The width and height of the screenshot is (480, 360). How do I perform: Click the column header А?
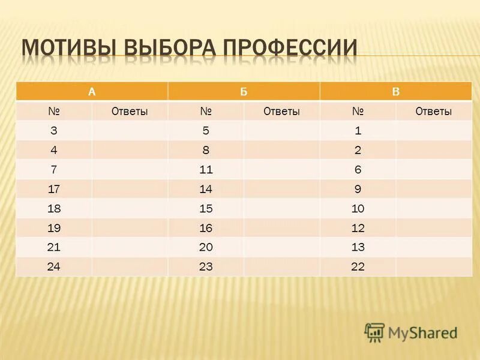pyautogui.click(x=92, y=92)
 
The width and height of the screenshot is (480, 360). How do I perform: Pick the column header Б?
pyautogui.click(x=244, y=92)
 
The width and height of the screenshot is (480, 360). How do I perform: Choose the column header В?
pyautogui.click(x=396, y=92)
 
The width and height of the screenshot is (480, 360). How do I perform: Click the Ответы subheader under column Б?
pyautogui.click(x=281, y=111)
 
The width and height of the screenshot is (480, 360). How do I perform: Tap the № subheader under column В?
pyautogui.click(x=358, y=111)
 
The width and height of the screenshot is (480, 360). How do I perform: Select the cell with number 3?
pyautogui.click(x=54, y=130)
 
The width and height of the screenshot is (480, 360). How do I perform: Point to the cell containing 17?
pyautogui.click(x=54, y=189)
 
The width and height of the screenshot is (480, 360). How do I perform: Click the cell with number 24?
pyautogui.click(x=54, y=267)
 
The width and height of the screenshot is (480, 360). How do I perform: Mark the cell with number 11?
pyautogui.click(x=206, y=170)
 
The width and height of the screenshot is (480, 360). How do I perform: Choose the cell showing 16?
pyautogui.click(x=206, y=228)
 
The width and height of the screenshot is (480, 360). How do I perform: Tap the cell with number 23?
pyautogui.click(x=206, y=267)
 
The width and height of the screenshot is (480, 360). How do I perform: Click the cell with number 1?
pyautogui.click(x=358, y=130)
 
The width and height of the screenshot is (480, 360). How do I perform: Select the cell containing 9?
pyautogui.click(x=358, y=189)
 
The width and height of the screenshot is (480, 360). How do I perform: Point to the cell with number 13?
pyautogui.click(x=358, y=247)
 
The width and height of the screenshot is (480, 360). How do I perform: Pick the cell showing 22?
pyautogui.click(x=358, y=267)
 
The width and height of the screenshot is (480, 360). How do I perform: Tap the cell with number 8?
pyautogui.click(x=206, y=150)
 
